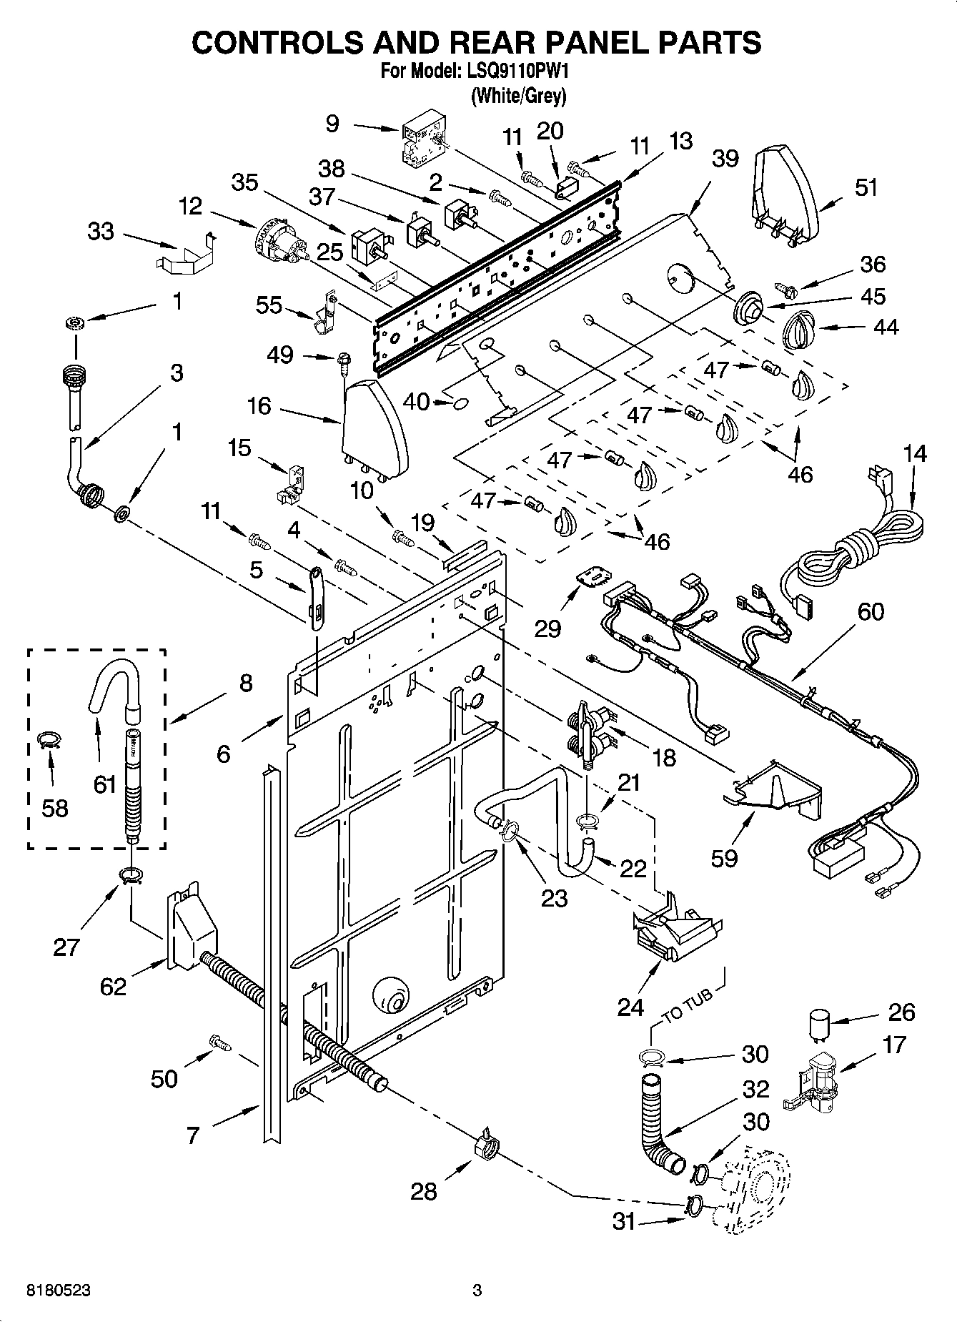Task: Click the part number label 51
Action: pos(866,187)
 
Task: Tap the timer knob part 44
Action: pos(799,331)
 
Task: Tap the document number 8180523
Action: pos(59,1291)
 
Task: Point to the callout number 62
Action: pos(112,987)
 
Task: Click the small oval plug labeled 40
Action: pos(461,405)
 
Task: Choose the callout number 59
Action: pos(723,857)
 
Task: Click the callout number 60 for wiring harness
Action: pos(870,611)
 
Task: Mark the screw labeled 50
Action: pos(219,1044)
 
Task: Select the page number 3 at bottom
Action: pos(477,1291)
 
